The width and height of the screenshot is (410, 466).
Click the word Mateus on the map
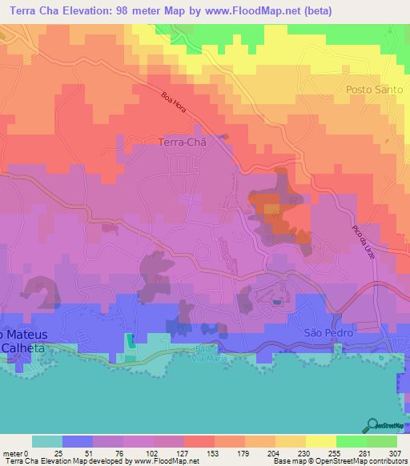[28, 333]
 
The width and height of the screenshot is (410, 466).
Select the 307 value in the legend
[394, 452]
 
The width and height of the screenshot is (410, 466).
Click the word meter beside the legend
[12, 452]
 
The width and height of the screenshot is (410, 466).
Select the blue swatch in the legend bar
[78, 441]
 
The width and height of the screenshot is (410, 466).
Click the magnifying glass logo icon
[373, 424]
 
